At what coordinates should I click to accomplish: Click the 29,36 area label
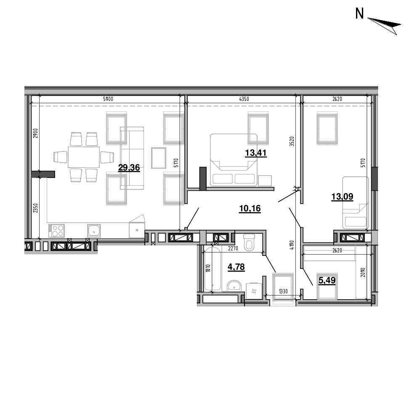(129, 168)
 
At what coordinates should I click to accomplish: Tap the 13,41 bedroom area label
(255, 153)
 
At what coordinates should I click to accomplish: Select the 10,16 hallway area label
(250, 208)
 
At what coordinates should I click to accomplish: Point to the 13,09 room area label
(342, 197)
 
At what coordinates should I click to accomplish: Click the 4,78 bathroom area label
(236, 267)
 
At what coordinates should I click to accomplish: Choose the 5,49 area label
(327, 280)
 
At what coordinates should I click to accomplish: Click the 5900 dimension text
(108, 99)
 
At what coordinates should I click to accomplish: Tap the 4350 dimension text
(244, 99)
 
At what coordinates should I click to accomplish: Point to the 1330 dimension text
(283, 291)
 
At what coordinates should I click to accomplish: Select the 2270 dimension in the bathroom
(233, 249)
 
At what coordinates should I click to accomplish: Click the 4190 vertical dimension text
(292, 245)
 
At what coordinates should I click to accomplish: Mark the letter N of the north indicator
(359, 13)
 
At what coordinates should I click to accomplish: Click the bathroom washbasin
(234, 285)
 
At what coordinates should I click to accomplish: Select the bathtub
(213, 268)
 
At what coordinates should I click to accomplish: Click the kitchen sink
(94, 230)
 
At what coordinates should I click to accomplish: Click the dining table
(84, 157)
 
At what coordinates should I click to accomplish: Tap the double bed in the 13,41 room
(234, 160)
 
